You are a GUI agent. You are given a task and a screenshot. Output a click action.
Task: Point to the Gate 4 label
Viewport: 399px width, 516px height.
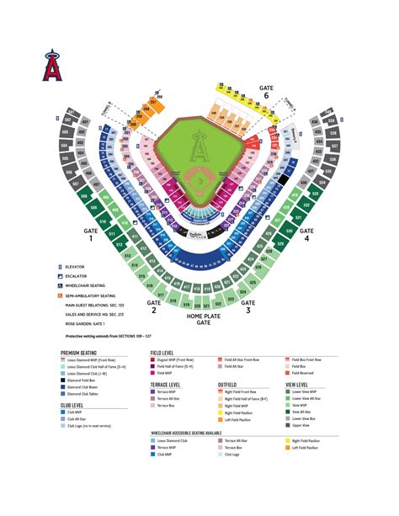(x=306, y=233)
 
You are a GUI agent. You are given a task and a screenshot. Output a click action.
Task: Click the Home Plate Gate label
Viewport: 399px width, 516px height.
(x=199, y=318)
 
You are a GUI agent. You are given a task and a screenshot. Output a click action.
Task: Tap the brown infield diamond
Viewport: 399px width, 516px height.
(x=199, y=180)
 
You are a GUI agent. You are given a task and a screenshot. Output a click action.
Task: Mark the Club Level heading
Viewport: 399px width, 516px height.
(x=72, y=404)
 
